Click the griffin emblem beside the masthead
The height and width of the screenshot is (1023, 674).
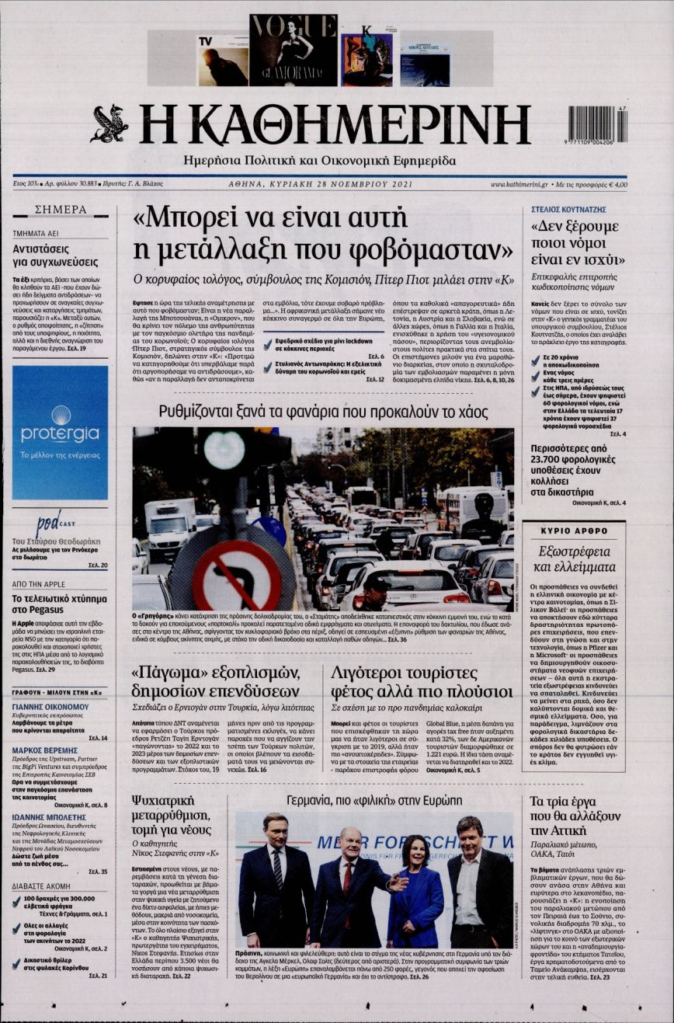pyautogui.click(x=109, y=124)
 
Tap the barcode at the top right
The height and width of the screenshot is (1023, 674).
pyautogui.click(x=597, y=124)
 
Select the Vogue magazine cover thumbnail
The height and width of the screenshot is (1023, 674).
pyautogui.click(x=293, y=50)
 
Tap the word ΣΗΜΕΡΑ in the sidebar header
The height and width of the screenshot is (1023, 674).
pyautogui.click(x=61, y=210)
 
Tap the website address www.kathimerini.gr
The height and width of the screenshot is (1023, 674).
pyautogui.click(x=519, y=185)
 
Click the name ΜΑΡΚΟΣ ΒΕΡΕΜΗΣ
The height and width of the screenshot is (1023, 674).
pyautogui.click(x=45, y=750)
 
